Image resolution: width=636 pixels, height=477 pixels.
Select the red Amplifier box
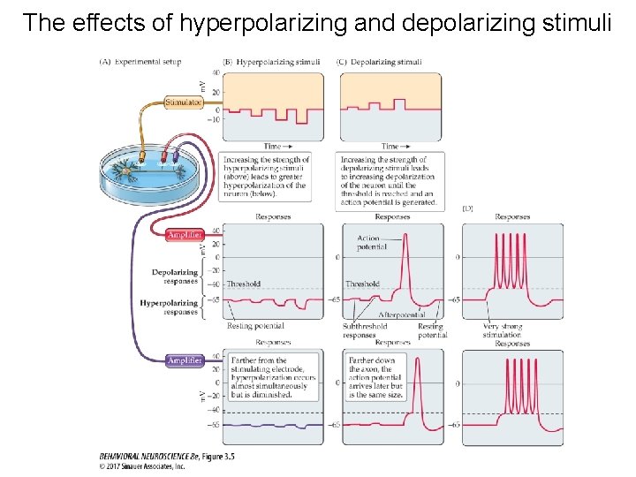click(x=185, y=235)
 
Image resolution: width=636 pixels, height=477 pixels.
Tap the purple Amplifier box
click(x=185, y=360)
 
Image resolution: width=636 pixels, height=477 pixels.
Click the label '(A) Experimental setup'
click(x=140, y=62)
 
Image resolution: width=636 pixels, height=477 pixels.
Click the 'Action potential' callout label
click(x=373, y=243)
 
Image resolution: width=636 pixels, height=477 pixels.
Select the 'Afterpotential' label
click(x=401, y=314)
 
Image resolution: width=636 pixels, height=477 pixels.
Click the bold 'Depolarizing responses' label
click(x=174, y=276)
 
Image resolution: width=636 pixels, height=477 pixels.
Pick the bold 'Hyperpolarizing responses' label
click(x=169, y=307)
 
